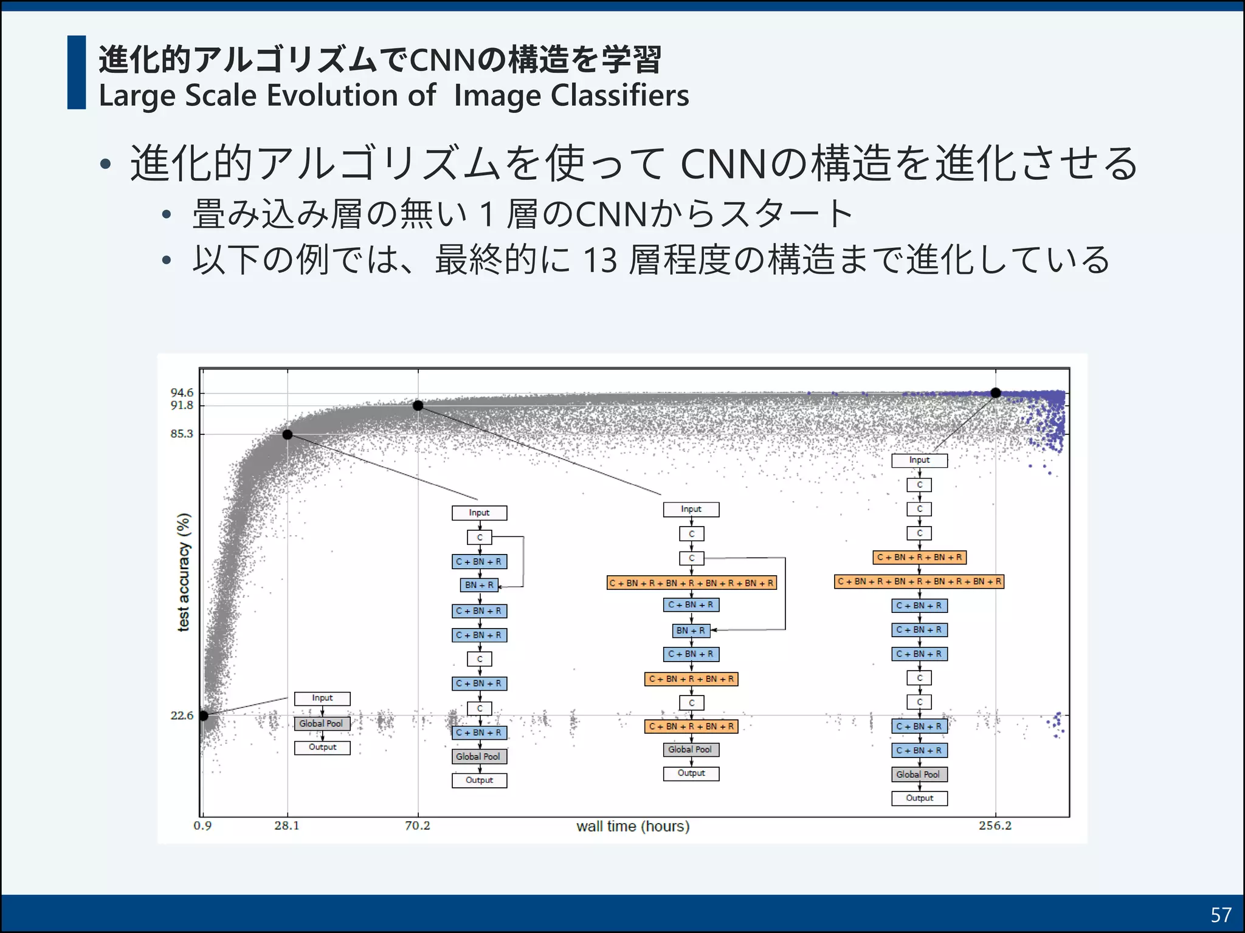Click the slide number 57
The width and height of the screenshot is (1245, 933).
1221,915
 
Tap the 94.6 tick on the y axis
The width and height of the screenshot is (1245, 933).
182,393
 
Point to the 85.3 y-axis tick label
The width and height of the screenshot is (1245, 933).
182,434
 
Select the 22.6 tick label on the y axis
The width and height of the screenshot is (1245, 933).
182,716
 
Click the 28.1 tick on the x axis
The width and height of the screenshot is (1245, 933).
287,825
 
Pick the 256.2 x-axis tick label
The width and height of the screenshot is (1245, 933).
995,825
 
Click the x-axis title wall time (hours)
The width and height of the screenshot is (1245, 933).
633,826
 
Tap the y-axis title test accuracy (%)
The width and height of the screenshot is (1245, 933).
184,572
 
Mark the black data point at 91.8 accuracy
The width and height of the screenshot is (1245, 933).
418,406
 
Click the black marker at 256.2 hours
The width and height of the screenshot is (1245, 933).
996,393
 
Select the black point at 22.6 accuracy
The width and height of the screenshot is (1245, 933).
204,716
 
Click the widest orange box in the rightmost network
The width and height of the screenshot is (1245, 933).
919,582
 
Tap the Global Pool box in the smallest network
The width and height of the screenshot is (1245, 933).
322,723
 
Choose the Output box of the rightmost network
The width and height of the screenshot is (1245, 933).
919,798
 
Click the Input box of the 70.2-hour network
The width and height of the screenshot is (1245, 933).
691,509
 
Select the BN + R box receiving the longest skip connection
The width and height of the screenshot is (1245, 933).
691,631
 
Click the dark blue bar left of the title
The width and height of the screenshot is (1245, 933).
77,72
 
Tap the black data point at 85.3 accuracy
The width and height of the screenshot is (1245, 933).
288,434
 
